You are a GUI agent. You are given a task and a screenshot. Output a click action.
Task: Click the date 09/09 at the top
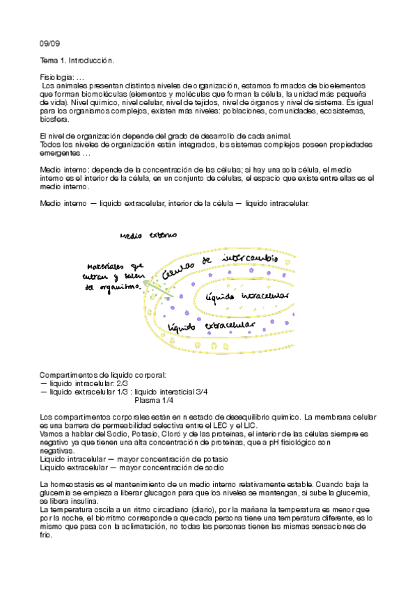pos(50,43)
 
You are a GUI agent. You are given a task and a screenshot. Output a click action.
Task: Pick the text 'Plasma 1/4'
pos(154,401)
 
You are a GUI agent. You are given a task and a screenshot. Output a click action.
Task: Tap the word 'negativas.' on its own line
pos(58,450)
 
